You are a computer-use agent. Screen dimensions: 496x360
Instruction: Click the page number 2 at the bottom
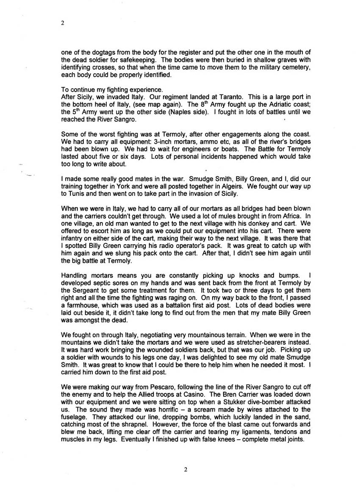pos(186,469)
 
